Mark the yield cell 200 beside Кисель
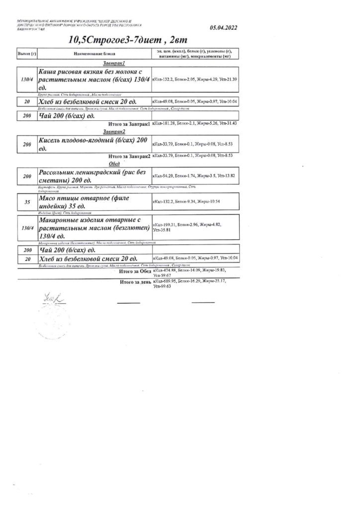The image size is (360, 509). [27, 144]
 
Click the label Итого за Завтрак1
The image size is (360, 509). [129, 124]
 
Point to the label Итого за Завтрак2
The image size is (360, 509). [129, 156]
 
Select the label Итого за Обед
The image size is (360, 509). [135, 271]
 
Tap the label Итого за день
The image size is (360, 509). [135, 282]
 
